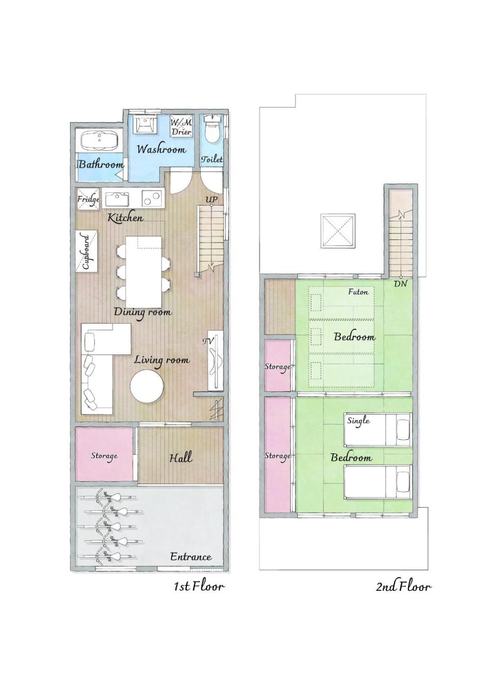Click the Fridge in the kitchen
[x=88, y=199]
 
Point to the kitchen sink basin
[x=117, y=199]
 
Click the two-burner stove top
[x=152, y=198]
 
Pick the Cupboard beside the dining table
[x=87, y=251]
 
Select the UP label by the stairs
[x=211, y=200]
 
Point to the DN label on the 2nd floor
[x=400, y=284]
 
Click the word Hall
[x=181, y=457]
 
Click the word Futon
[x=358, y=291]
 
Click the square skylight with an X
[x=338, y=231]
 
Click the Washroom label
[x=161, y=149]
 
